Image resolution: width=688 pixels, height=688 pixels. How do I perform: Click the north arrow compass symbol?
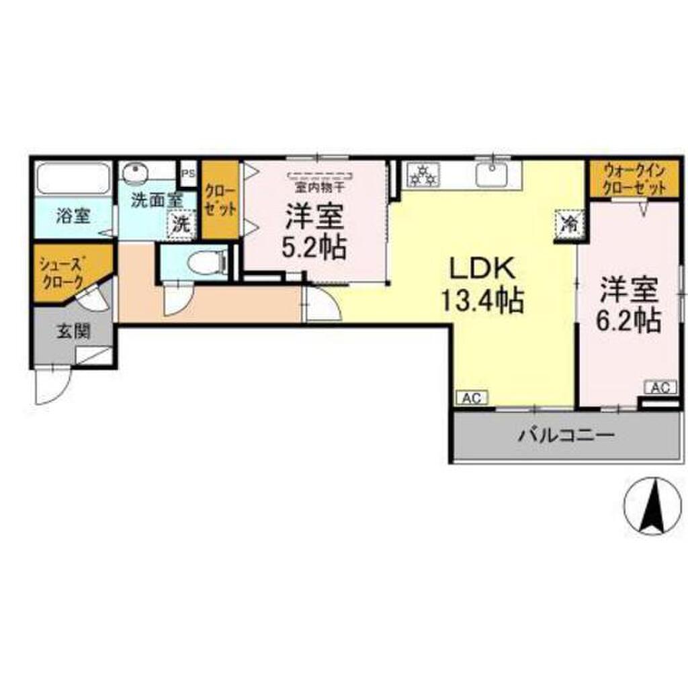coord(650,505)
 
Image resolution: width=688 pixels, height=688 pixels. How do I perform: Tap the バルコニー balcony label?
coord(566,436)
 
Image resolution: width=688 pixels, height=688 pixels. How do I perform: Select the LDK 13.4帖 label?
coord(482,286)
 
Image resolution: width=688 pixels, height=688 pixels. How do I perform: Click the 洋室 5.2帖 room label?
coord(314,231)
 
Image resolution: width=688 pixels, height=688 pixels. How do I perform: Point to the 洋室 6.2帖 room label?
coord(629,305)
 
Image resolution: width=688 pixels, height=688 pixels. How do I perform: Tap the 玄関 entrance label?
coord(74,331)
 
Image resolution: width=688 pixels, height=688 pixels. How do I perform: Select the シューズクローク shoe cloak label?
coord(61,271)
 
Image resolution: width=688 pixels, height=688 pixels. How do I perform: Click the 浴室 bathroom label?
coord(73,216)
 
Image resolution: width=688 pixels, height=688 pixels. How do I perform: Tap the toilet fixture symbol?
coord(204,262)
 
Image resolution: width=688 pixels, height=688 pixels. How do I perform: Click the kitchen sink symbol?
coord(494,174)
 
